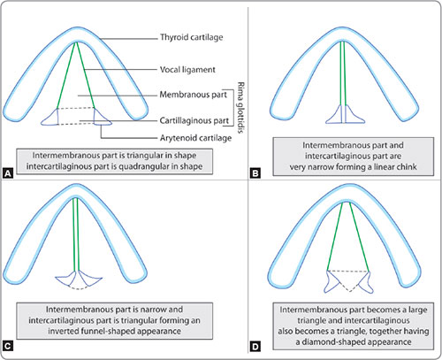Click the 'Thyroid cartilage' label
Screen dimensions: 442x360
pyautogui.click(x=191, y=37)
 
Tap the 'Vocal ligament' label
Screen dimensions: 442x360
pyautogui.click(x=187, y=70)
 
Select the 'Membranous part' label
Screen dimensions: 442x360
pyautogui.click(x=193, y=95)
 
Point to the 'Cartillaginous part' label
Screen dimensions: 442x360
pyautogui.click(x=194, y=120)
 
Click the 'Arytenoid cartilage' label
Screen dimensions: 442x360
pyautogui.click(x=195, y=138)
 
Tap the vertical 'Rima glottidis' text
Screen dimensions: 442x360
pyautogui.click(x=240, y=108)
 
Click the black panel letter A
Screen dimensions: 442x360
pyautogui.click(x=8, y=173)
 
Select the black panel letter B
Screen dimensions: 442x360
pyautogui.click(x=255, y=173)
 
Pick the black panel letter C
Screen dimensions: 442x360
pyautogui.click(x=8, y=346)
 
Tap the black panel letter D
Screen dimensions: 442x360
pyautogui.click(x=255, y=346)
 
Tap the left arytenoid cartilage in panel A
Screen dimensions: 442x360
pyautogui.click(x=51, y=117)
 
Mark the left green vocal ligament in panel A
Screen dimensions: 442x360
pyautogui.click(x=66, y=76)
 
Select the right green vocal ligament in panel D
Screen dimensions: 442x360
pyautogui.click(x=359, y=236)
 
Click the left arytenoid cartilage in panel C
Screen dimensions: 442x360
pyautogui.click(x=65, y=278)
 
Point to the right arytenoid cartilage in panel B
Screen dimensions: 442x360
pyautogui.click(x=354, y=114)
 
